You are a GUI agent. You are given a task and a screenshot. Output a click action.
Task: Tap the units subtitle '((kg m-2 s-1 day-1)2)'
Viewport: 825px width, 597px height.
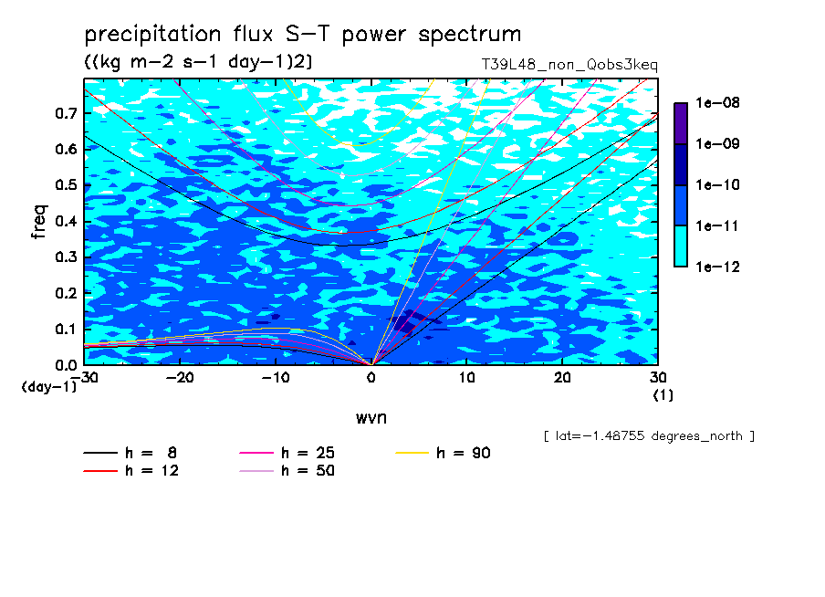pos(198,62)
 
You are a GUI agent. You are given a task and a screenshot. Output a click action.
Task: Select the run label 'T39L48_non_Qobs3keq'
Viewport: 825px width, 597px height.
pos(569,65)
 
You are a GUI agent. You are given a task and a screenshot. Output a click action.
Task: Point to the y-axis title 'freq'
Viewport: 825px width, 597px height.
pos(39,222)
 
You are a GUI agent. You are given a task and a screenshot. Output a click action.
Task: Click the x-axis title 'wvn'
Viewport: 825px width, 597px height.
pos(371,418)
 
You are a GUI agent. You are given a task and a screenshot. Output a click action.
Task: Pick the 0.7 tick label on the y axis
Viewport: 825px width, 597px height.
pos(66,113)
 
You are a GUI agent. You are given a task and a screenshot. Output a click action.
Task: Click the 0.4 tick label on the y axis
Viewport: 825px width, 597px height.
pos(66,221)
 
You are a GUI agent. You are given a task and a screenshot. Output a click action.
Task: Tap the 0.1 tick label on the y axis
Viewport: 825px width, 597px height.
pos(66,329)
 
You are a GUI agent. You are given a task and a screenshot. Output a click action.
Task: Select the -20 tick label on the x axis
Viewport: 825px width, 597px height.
pos(180,378)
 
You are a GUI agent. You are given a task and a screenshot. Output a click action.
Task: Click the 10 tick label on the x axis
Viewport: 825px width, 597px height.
pos(466,378)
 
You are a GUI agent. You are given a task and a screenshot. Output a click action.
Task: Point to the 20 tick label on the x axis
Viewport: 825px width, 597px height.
pos(562,378)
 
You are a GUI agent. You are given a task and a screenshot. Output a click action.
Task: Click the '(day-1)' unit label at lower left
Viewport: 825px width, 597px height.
pos(48,387)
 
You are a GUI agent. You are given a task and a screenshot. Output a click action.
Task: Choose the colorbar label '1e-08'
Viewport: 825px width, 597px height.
pos(717,102)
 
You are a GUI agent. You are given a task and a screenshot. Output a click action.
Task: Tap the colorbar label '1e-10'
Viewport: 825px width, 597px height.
pos(717,184)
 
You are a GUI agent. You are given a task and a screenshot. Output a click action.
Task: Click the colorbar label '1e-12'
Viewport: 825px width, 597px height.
pos(717,267)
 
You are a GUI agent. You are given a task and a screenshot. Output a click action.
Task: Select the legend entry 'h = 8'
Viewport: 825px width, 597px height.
pos(131,453)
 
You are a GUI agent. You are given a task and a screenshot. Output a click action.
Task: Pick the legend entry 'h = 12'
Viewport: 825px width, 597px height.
pos(131,470)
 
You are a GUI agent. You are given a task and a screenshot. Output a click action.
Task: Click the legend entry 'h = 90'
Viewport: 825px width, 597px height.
pos(443,453)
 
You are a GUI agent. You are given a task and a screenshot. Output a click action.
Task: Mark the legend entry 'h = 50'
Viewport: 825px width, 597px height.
pos(287,470)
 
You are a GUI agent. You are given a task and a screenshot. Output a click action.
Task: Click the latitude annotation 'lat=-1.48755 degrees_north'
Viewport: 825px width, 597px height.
pos(649,436)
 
